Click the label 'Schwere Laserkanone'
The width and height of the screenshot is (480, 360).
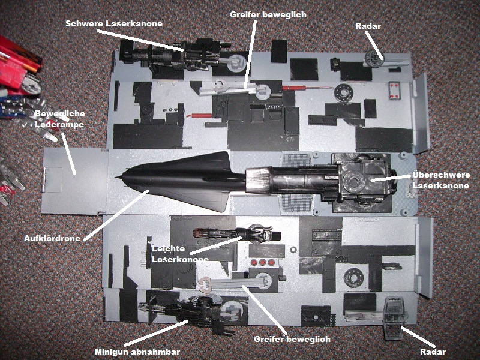[113, 23]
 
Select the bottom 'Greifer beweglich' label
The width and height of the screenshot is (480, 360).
[292, 339]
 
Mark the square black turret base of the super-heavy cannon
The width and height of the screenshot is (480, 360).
[361, 180]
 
